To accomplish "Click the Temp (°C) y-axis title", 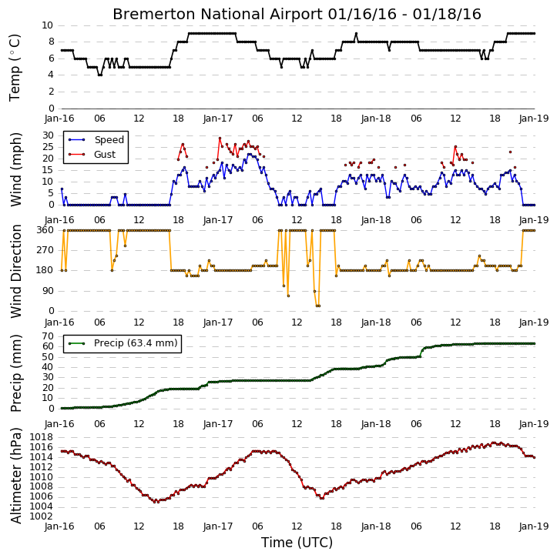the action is click(15, 68).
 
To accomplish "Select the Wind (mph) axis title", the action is click(15, 169).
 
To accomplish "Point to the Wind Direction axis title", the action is click(15, 271).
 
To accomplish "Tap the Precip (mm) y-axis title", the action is click(15, 373).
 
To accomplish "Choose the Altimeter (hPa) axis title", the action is click(15, 476).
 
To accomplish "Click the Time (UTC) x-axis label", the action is click(297, 543).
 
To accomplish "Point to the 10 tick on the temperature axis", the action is click(47, 25).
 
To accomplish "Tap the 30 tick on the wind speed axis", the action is click(48, 135).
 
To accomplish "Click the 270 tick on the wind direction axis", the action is click(45, 250).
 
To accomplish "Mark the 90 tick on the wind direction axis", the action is click(48, 291).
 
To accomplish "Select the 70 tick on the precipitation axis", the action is click(48, 336).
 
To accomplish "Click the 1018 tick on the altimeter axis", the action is click(42, 437).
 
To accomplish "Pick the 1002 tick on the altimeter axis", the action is click(42, 516).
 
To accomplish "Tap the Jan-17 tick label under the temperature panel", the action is click(218, 119).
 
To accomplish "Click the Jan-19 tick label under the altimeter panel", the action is click(534, 526).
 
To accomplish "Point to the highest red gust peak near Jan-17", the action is click(220, 138).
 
